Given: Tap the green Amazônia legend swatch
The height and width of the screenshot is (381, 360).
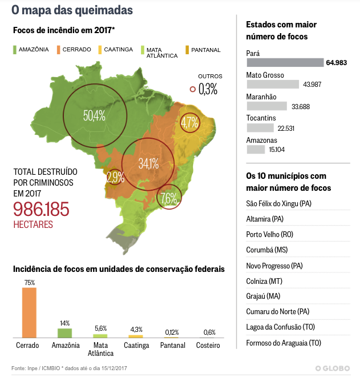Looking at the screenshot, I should pos(15,50).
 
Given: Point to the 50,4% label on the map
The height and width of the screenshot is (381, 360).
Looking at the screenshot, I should pos(94,116).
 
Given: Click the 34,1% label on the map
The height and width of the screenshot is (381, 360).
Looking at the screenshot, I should pos(148,163).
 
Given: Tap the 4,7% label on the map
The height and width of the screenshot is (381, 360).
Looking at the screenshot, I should pos(189,122).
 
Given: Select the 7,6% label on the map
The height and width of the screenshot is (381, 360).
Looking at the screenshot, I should pos(169,198).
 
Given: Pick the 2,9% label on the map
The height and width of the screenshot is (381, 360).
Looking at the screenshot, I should pos(115,177).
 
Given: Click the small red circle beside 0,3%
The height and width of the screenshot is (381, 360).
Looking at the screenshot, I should pos(193,89).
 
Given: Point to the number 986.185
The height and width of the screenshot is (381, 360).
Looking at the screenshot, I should pos(41,209).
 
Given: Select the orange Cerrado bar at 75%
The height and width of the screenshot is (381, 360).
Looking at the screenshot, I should pos(29,312).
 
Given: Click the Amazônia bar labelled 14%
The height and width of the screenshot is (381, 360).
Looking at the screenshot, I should pos(64,332).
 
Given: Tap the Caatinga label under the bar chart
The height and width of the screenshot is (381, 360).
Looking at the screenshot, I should pos(136,346).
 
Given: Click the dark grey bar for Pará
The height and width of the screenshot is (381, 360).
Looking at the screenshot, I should pos(285,63).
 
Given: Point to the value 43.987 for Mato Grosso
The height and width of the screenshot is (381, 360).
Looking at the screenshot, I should pos(313,85).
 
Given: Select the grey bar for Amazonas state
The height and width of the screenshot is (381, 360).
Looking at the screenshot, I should pos(256,150).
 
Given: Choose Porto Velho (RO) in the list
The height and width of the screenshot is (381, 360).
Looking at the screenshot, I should pos(269,234).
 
